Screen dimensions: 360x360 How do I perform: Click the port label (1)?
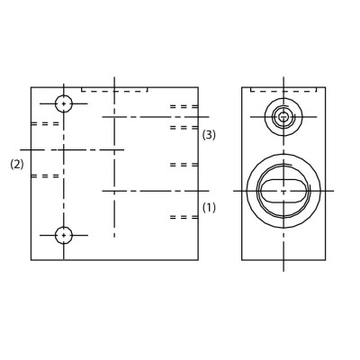pos(209,207)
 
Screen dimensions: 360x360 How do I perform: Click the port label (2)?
pos(17,165)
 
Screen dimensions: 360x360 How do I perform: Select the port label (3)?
pos(209,135)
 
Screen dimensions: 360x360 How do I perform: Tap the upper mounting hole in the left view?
pos(64,103)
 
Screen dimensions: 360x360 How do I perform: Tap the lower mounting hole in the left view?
pos(64,235)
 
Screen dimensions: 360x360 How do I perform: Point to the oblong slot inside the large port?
pos(283,191)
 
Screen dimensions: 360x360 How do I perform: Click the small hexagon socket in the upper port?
pos(283,117)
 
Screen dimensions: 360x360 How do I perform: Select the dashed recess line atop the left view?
pos(114,91)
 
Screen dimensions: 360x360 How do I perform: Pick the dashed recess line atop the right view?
pos(283,91)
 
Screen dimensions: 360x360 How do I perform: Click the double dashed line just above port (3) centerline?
pos(184,106)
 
